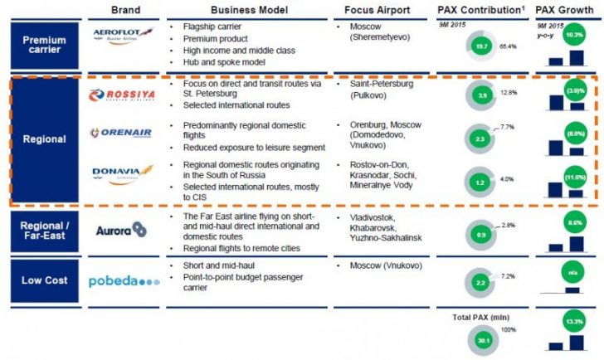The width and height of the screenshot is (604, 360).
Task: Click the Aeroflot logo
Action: [124, 34]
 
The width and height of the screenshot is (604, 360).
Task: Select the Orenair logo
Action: [124, 134]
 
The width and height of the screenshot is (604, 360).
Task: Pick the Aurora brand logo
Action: [121, 229]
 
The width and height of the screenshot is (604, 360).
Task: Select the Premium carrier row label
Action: [44, 46]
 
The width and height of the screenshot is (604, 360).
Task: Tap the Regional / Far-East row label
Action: [44, 231]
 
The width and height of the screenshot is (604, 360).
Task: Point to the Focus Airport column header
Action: [379, 11]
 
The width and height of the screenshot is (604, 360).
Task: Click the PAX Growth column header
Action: [566, 11]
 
